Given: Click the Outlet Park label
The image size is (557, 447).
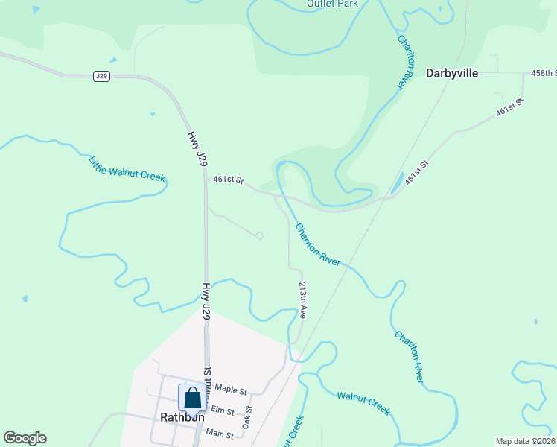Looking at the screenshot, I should [332, 4].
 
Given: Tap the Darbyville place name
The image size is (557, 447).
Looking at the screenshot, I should [451, 73].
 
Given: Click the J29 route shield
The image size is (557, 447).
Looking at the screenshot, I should [102, 76].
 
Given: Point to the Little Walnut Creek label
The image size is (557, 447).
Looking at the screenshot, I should [127, 169].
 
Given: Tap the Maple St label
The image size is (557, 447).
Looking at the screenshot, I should [230, 389].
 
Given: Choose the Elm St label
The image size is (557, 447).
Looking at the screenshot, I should [223, 410].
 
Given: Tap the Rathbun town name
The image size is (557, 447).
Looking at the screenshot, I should [182, 417].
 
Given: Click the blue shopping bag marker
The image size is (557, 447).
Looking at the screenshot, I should [191, 399].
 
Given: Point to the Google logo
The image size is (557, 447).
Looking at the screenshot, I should [25, 438].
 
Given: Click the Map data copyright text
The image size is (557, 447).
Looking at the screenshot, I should [526, 441].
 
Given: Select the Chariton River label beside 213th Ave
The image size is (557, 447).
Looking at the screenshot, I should [318, 244].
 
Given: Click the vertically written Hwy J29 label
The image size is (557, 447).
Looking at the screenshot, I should [206, 301].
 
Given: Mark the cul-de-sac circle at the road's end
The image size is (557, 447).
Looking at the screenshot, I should [259, 236].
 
